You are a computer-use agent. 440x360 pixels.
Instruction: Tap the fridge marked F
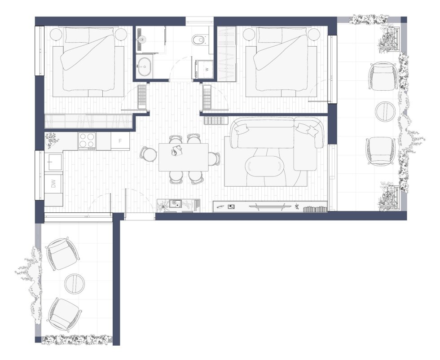tap(120, 141)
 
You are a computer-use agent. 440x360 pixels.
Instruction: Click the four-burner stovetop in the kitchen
tap(87, 140)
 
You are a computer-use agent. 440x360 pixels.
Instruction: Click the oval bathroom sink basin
tap(145, 67)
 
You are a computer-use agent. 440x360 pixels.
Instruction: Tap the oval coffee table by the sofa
tap(264, 166)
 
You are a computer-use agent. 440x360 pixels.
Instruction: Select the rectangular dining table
tap(184, 157)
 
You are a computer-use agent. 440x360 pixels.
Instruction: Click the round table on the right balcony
tap(386, 111)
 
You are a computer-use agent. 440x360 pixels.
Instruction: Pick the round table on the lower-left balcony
tap(75, 284)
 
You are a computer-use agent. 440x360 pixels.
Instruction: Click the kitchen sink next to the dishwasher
tap(55, 162)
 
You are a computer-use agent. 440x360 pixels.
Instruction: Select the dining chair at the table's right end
tap(214, 159)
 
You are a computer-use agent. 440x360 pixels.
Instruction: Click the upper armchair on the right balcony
tap(382, 76)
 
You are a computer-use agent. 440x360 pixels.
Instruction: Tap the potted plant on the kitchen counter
tap(52, 140)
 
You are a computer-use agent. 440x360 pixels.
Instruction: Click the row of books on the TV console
tap(315, 209)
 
